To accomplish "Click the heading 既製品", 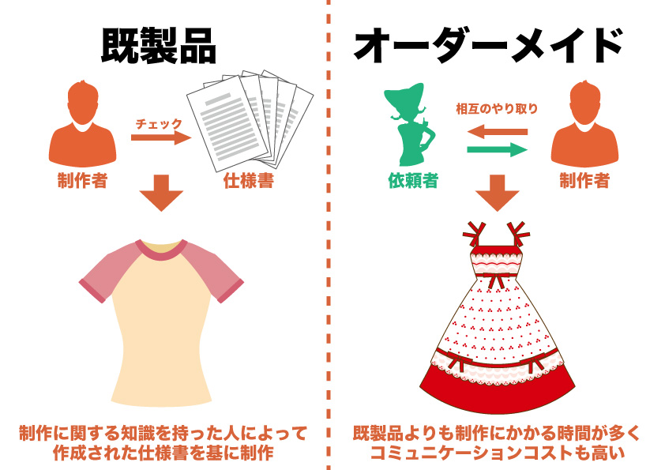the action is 159,46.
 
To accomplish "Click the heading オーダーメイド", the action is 489,45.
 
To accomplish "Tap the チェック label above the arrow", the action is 159,124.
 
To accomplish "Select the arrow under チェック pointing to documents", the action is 161,137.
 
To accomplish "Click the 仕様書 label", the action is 249,181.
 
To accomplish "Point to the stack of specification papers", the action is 250,121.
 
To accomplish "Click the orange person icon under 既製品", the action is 83,123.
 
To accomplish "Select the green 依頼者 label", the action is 412,181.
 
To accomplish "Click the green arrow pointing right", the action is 497,150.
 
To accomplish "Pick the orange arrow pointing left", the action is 497,131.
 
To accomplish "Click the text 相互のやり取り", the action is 497,108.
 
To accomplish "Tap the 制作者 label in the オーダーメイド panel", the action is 584,181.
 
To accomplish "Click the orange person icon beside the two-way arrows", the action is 584,123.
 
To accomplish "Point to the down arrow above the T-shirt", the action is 161,193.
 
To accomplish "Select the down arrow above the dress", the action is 497,193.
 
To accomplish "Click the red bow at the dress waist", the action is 495,280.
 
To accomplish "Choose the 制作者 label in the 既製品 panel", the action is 83,181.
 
